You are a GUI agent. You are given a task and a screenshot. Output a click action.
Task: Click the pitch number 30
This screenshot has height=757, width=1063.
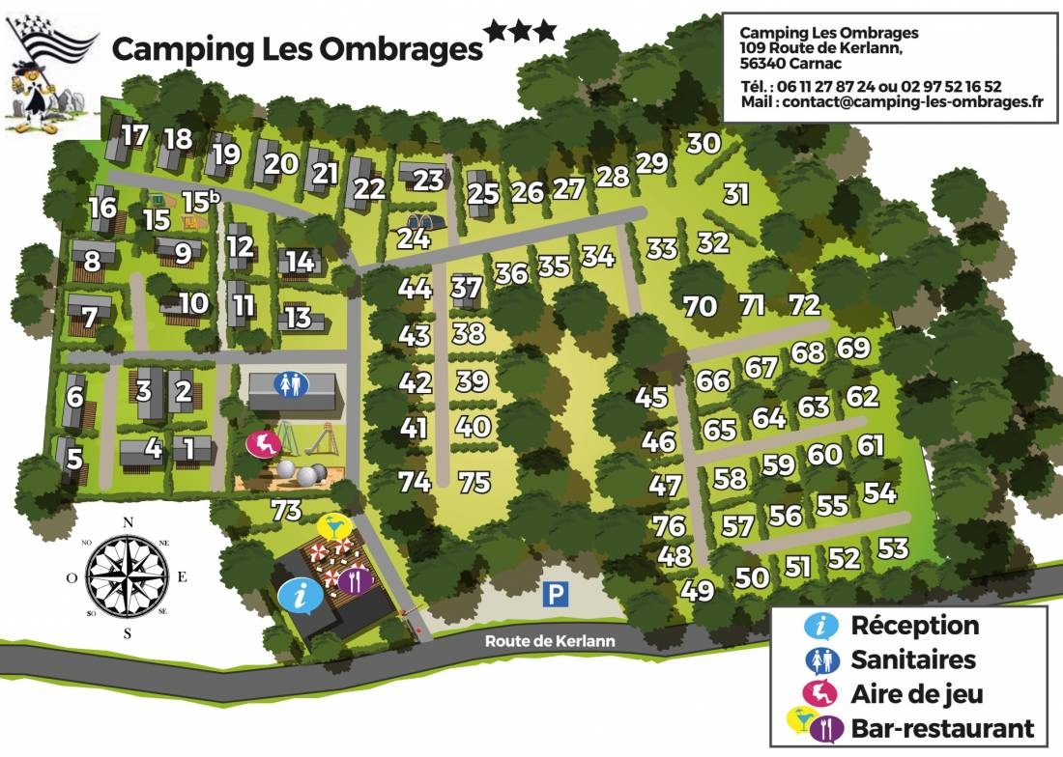704,143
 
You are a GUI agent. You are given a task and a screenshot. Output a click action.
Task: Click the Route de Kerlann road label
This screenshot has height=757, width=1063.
550,641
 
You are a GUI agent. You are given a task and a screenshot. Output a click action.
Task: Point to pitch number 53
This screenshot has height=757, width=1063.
893,548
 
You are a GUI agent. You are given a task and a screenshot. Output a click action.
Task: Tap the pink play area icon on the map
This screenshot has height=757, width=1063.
262,444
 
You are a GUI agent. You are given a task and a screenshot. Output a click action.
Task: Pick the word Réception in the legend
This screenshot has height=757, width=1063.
914,626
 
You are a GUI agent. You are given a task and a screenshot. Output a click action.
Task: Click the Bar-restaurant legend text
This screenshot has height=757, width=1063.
942,728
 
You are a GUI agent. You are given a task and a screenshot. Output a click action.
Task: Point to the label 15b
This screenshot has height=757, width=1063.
201,202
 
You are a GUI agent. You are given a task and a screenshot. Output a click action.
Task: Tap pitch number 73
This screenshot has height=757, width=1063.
286,511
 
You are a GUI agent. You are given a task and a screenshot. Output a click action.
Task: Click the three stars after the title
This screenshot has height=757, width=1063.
521,31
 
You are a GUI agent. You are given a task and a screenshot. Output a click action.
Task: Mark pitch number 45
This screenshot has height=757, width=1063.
651,397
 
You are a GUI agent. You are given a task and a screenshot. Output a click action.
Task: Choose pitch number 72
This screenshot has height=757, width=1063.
804,305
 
